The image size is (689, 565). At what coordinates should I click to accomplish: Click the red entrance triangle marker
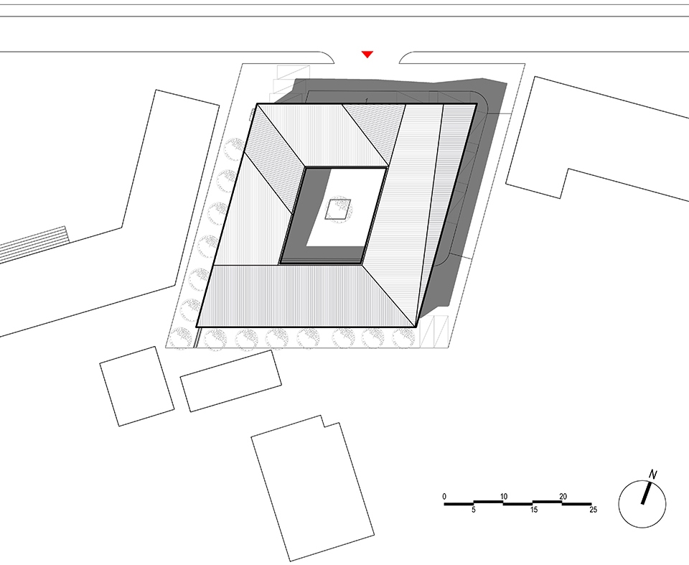tap(367, 54)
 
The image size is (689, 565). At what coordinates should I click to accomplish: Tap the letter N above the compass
tap(652, 475)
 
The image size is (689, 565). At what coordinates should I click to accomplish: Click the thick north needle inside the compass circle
tap(646, 493)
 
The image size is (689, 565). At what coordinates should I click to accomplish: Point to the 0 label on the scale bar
tap(444, 496)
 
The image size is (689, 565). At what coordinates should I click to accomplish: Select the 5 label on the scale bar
tap(474, 510)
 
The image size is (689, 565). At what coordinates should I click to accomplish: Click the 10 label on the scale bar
tap(504, 496)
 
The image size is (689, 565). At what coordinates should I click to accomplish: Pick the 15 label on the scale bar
tap(534, 510)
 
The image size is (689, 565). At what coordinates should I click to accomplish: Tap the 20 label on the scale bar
tap(563, 496)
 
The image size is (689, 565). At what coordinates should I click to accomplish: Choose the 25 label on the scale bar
tap(594, 510)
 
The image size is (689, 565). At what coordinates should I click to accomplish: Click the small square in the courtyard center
tap(338, 210)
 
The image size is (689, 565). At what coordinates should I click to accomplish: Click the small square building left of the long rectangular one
tap(137, 386)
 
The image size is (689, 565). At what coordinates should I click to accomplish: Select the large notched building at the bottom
tap(313, 488)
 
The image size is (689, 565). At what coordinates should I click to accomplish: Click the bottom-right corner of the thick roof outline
tap(416, 327)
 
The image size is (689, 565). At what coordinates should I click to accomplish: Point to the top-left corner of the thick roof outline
tap(257, 104)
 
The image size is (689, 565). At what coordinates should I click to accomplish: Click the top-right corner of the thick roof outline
tap(477, 104)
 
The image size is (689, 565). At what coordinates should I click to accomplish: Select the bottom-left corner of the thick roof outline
tap(196, 327)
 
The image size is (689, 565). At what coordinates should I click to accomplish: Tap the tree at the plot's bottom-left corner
tap(181, 338)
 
